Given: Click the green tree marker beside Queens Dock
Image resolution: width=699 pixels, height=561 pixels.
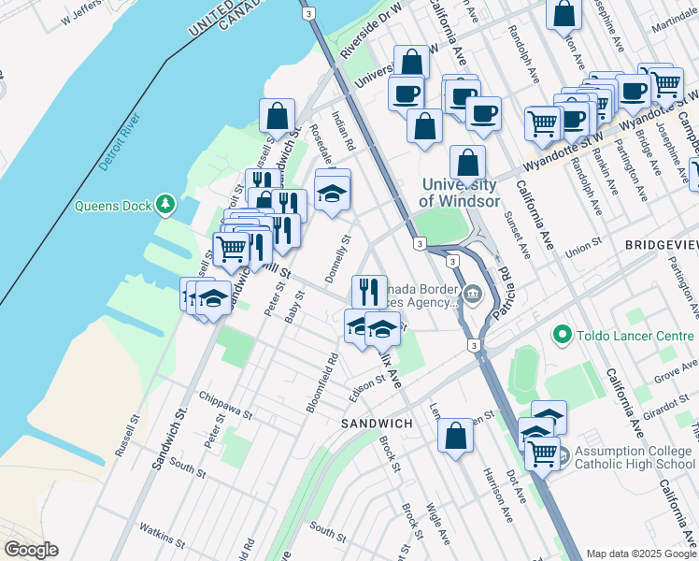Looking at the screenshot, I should [x=165, y=204].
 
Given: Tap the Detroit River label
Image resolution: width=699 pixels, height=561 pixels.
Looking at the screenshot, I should [x=119, y=143].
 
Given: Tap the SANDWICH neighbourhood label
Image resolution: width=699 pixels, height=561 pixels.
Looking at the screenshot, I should [x=377, y=424].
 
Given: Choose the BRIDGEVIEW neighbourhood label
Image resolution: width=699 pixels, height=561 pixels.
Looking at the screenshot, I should [x=660, y=243].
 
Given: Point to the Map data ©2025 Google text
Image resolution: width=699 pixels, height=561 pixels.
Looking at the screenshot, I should [x=640, y=554].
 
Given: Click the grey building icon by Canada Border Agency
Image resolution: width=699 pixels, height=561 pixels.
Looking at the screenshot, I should [x=473, y=295].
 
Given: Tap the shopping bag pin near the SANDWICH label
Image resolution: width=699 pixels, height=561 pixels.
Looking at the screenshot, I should [x=455, y=437].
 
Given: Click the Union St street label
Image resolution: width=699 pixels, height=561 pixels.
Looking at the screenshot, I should [x=583, y=250].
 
